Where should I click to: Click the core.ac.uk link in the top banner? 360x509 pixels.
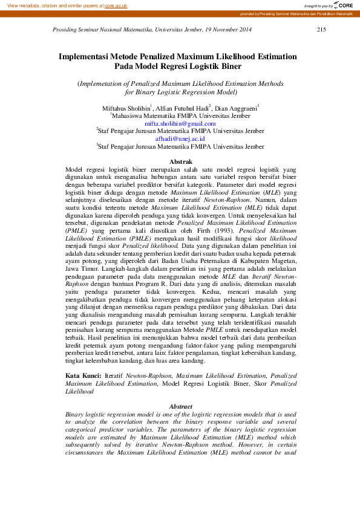point(116,5)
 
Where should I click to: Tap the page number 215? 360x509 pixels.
point(321,29)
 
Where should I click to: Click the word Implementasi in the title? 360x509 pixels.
point(83,56)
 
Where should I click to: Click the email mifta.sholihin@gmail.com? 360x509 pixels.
point(180,123)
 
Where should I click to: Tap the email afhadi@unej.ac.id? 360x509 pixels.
point(180,138)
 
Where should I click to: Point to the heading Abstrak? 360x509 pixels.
point(180,163)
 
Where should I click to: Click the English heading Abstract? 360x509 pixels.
point(180,406)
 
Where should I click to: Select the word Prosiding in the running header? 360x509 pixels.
point(67,29)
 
